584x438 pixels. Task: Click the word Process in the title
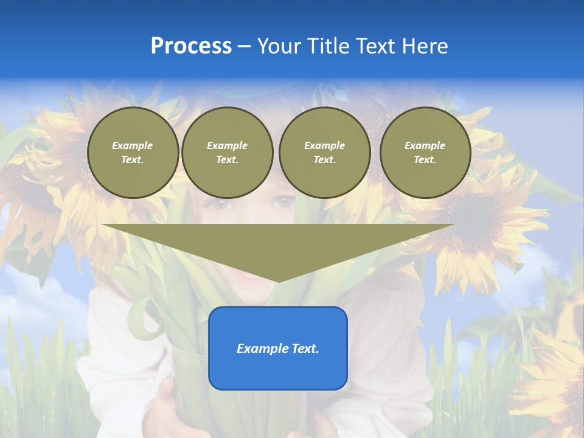pos(191,46)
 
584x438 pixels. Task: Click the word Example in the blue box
pos(259,349)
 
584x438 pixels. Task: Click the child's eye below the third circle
pos(285,203)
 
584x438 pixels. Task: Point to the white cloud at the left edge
pos(24,298)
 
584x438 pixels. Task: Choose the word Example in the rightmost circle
pos(425,145)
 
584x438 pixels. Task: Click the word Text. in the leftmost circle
pos(133,159)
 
